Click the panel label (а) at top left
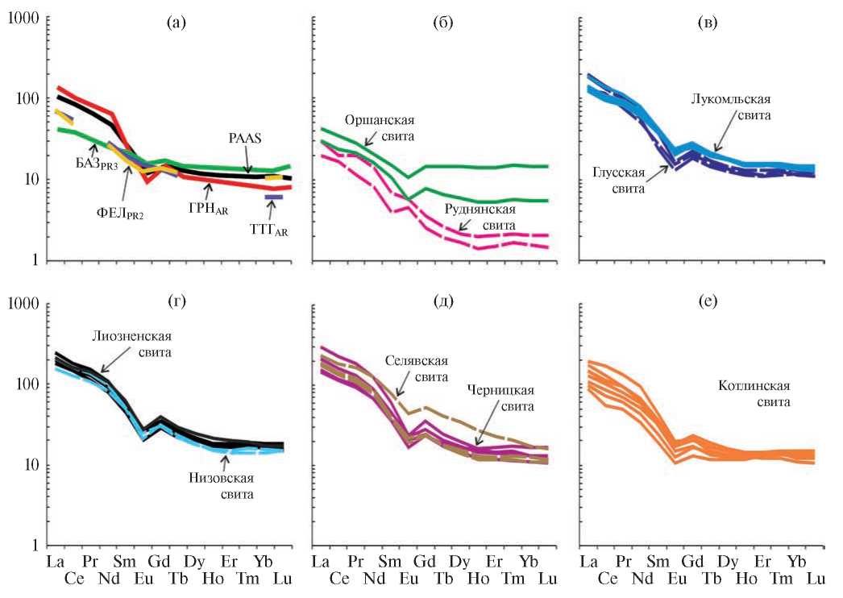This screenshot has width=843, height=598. click(x=176, y=23)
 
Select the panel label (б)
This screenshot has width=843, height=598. click(x=442, y=23)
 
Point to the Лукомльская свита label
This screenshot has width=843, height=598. click(x=731, y=107)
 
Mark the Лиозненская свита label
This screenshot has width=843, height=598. click(x=131, y=345)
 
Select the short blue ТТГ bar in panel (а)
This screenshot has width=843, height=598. click(x=273, y=197)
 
